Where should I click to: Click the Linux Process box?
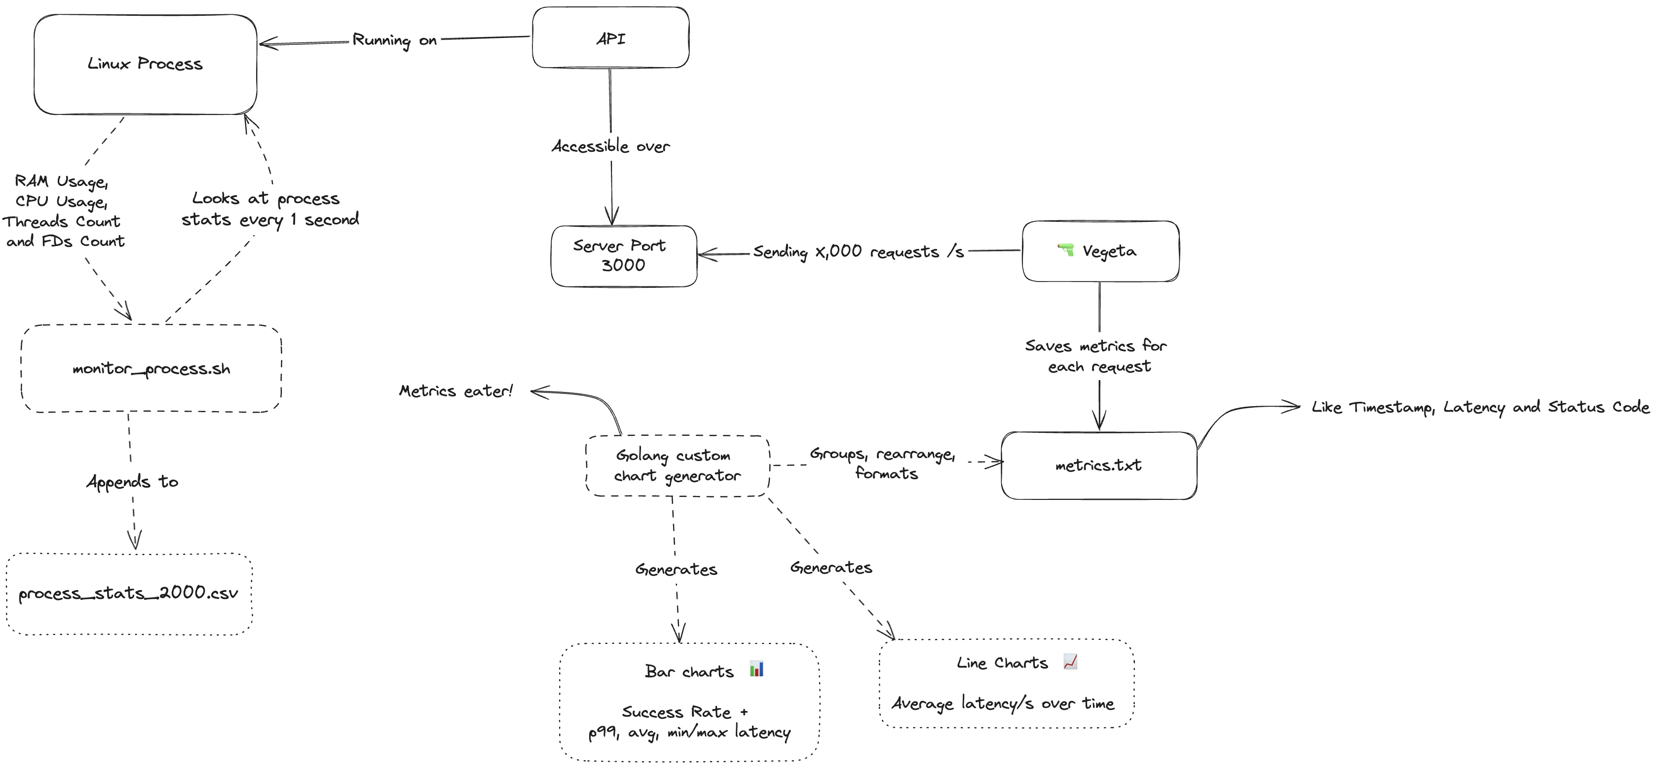point(145,65)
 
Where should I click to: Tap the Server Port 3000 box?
point(623,255)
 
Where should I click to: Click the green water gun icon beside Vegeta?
point(1066,250)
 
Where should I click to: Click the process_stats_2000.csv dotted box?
point(128,594)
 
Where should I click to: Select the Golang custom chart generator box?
point(677,466)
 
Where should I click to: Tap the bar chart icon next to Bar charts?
point(757,669)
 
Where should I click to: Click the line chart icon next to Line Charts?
point(1070,661)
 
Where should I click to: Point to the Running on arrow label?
point(394,40)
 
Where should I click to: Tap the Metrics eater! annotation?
point(456,391)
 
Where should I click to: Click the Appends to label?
point(132,482)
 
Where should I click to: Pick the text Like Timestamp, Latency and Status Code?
point(1480,407)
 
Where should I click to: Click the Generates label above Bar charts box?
point(676,569)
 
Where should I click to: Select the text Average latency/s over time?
point(1002,704)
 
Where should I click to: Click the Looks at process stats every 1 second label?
point(269,209)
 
